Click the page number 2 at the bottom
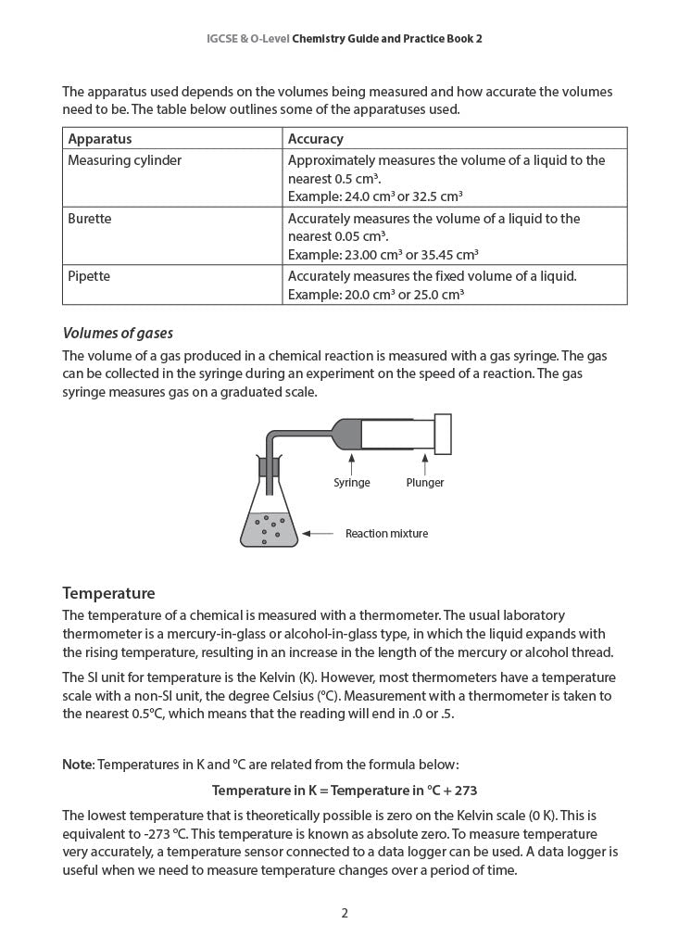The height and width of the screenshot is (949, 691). tap(345, 913)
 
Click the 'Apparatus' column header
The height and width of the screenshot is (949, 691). tap(100, 139)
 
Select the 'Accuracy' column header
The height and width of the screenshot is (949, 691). tap(316, 139)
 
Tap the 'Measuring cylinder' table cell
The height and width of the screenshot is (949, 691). tap(124, 160)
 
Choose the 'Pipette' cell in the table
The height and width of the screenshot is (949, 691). tap(89, 276)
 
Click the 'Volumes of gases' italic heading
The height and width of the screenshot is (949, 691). tap(118, 334)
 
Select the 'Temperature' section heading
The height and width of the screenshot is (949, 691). tap(108, 593)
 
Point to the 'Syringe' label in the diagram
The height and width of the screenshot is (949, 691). tap(352, 483)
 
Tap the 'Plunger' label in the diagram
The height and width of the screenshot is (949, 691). tap(425, 483)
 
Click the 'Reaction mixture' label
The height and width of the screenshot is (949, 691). tap(386, 534)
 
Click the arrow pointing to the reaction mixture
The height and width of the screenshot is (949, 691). tap(318, 534)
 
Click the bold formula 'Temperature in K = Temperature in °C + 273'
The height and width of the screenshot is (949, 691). tap(345, 791)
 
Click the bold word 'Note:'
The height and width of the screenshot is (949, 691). tap(78, 765)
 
